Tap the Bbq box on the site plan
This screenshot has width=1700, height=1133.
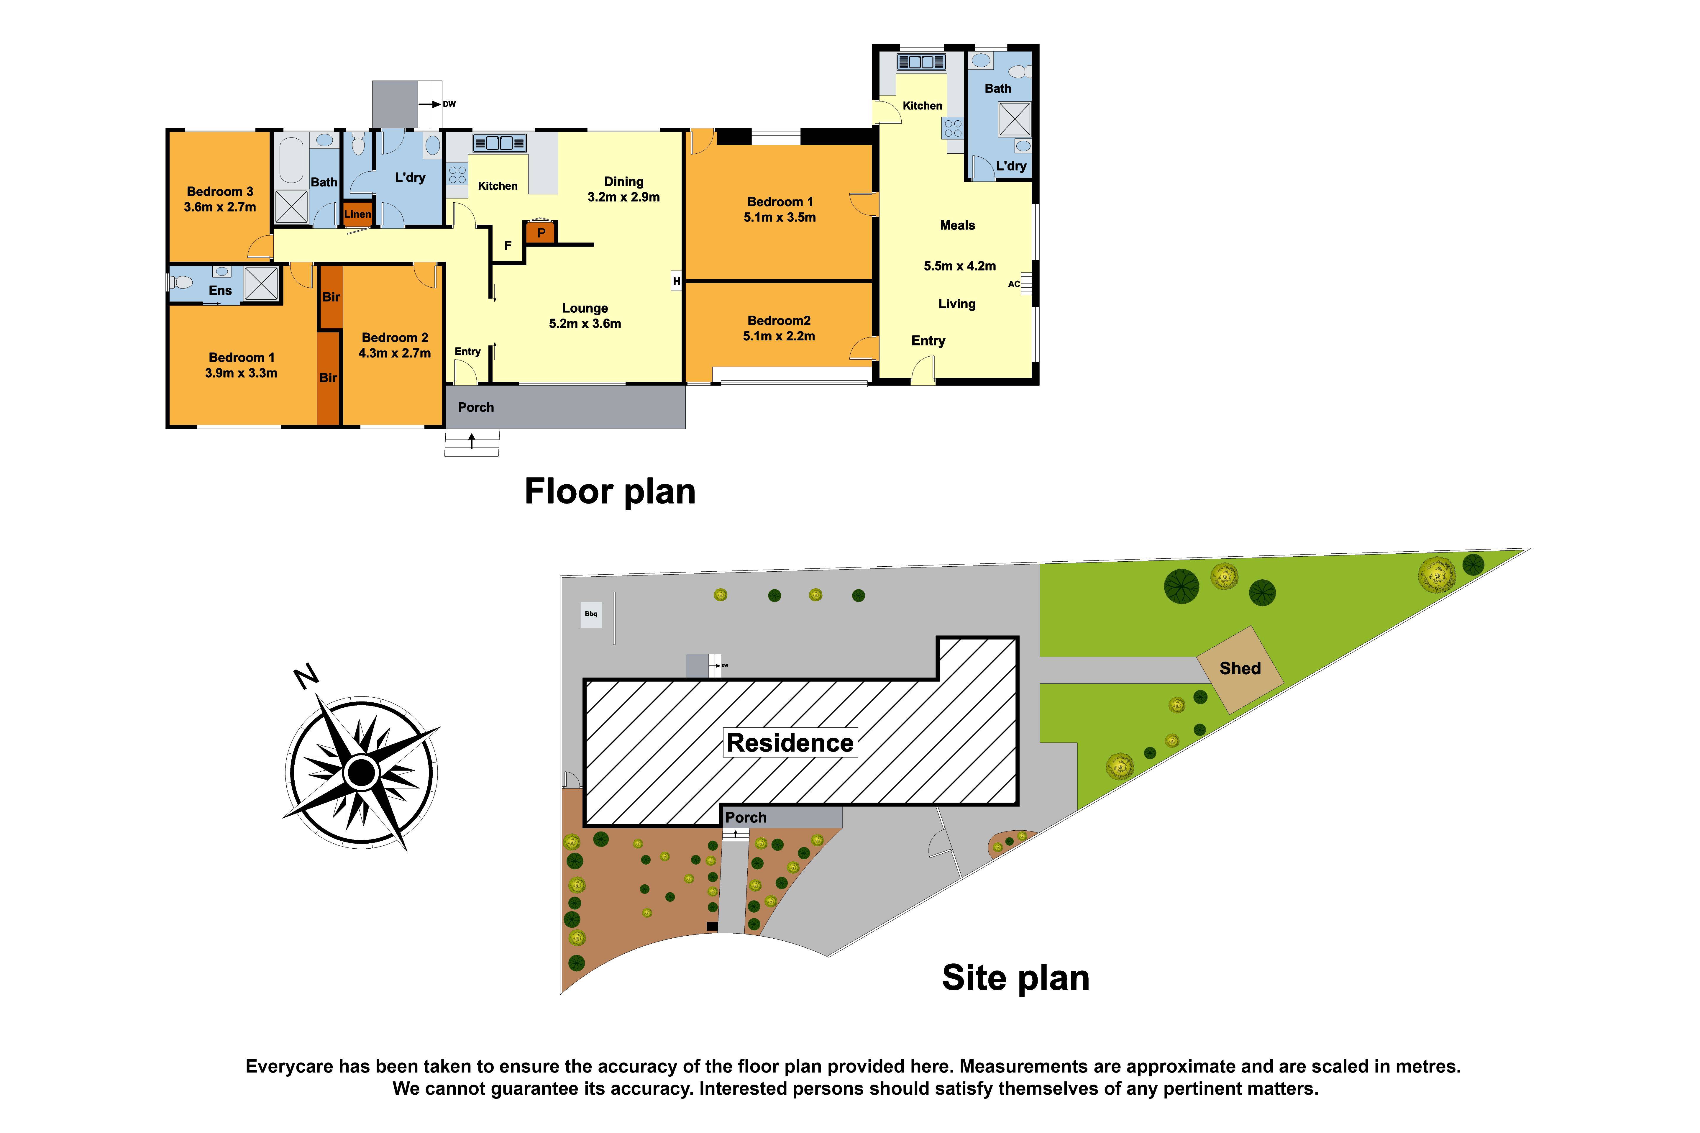click(x=591, y=614)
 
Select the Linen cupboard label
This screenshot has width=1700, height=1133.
click(x=358, y=214)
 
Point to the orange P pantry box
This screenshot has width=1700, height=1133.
click(x=540, y=233)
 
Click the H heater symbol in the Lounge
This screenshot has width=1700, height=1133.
click(x=676, y=281)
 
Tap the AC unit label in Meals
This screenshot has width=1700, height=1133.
click(x=1014, y=284)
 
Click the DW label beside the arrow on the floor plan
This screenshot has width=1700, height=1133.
click(x=449, y=104)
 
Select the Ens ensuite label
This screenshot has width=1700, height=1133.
click(x=220, y=291)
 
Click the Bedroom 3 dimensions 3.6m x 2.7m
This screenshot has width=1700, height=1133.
click(x=220, y=207)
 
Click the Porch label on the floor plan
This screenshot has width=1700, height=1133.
click(x=476, y=408)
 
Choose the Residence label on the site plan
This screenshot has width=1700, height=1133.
click(x=790, y=743)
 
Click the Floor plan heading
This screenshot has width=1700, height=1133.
click(x=610, y=491)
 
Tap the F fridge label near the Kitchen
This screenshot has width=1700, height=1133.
click(x=508, y=246)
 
